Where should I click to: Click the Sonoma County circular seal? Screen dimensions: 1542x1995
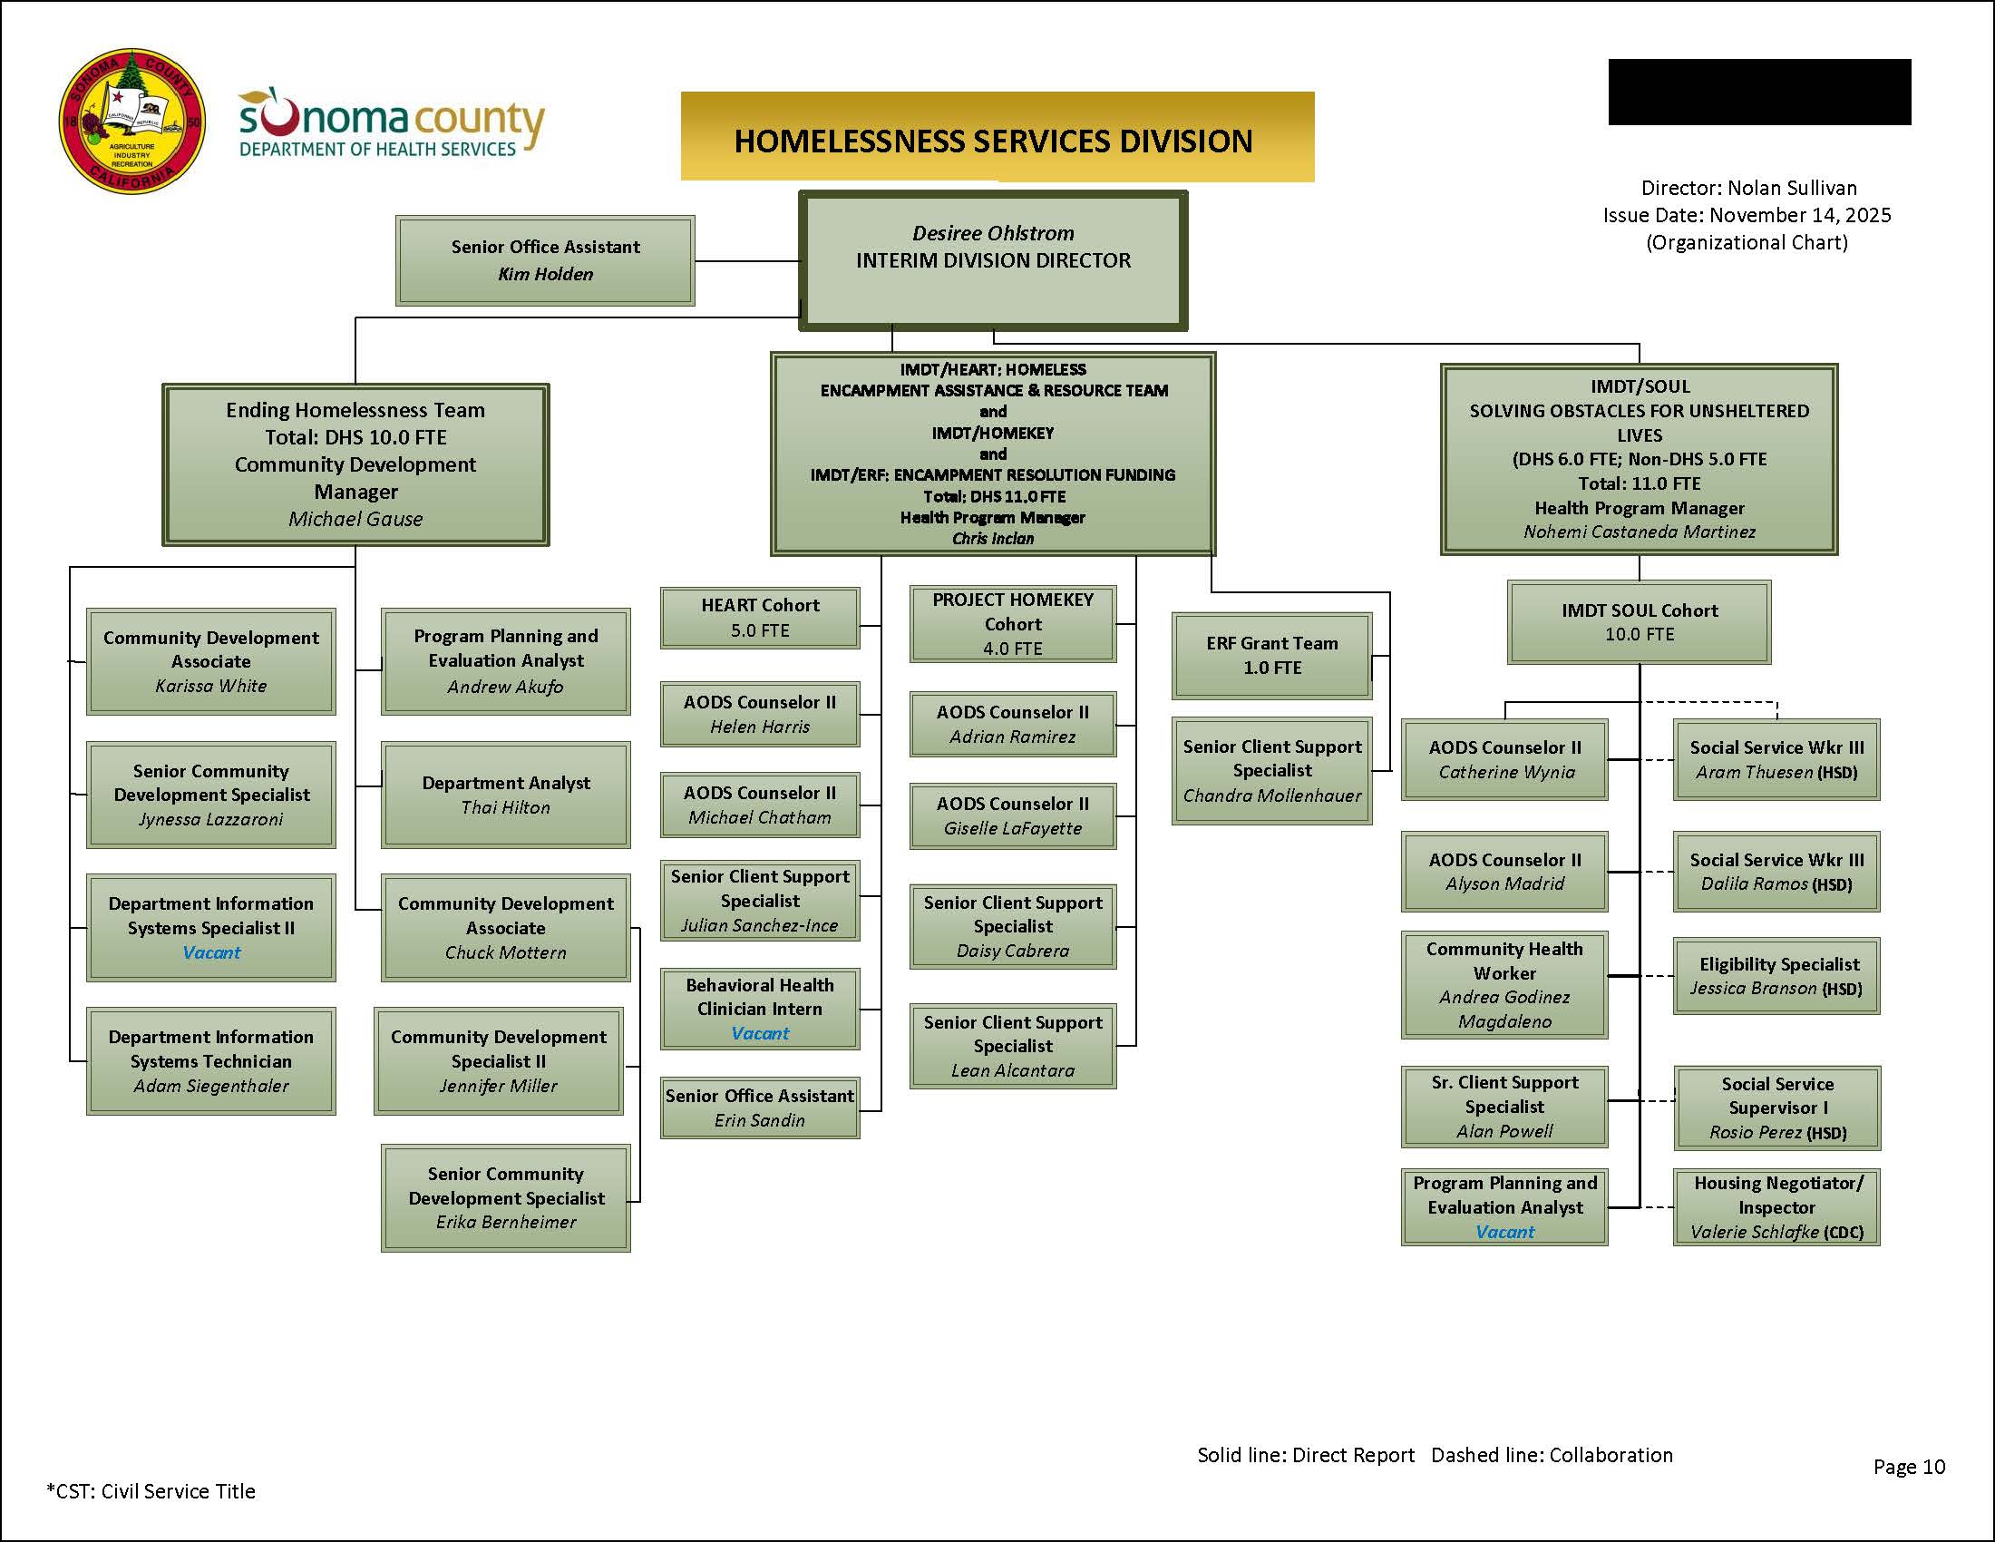(x=131, y=122)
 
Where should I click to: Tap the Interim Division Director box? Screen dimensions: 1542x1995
(x=993, y=260)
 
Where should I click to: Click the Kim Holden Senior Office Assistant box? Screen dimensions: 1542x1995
(x=545, y=260)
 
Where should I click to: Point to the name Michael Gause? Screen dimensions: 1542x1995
(x=355, y=519)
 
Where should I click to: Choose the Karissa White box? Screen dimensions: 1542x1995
(x=211, y=661)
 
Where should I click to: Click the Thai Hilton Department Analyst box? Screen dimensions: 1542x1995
(x=505, y=795)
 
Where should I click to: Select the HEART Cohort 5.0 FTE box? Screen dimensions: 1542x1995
(x=759, y=618)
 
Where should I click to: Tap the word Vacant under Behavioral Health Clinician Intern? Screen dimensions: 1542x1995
(x=759, y=1033)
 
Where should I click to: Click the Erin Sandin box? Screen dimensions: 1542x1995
(x=759, y=1108)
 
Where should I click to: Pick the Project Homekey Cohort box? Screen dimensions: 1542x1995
(x=1012, y=624)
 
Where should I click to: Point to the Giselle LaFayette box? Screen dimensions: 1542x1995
(x=1012, y=815)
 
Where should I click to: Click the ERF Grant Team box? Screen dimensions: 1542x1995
(x=1271, y=655)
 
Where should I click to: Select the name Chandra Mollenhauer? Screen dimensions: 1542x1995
(x=1271, y=795)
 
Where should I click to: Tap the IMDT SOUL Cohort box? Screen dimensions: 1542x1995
(x=1639, y=622)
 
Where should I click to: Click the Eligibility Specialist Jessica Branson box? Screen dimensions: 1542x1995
(x=1776, y=976)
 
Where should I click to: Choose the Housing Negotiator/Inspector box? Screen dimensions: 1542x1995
(x=1776, y=1206)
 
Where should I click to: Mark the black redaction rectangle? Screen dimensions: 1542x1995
(x=1759, y=93)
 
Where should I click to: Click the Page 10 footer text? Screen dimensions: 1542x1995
(x=1908, y=1466)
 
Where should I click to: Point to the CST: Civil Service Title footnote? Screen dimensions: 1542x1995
(x=151, y=1491)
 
